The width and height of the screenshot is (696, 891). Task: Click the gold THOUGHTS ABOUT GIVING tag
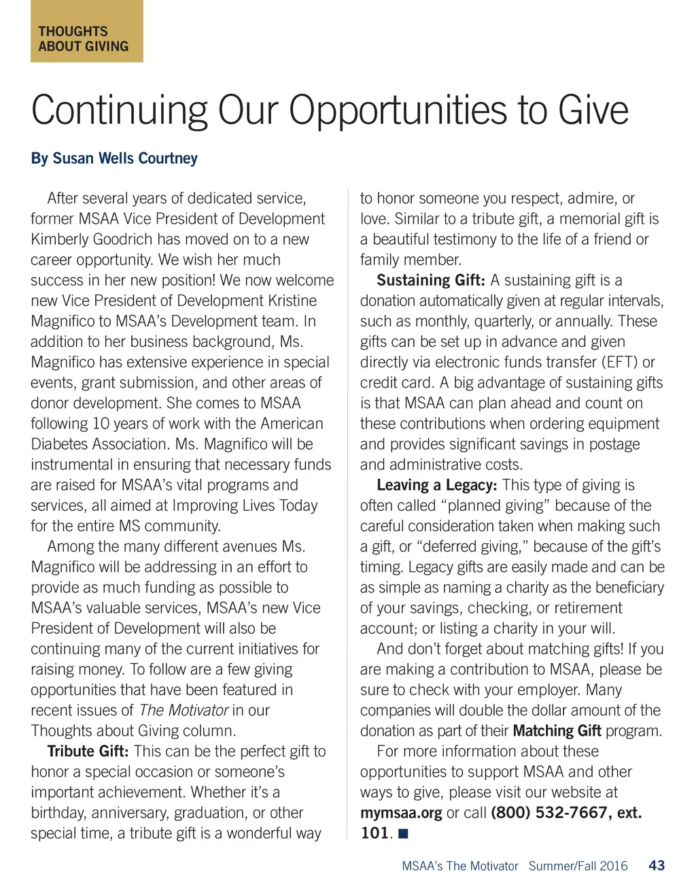(x=86, y=32)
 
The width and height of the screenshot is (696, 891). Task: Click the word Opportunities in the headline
(x=400, y=110)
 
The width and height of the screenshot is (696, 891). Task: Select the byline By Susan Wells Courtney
(x=114, y=158)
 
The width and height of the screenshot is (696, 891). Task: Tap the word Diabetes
(x=60, y=444)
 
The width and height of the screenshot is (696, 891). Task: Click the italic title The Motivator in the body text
(x=184, y=710)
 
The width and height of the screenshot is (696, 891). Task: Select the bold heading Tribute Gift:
(x=88, y=752)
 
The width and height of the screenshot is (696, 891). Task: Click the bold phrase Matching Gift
(x=557, y=731)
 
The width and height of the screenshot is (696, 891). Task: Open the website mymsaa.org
(x=401, y=813)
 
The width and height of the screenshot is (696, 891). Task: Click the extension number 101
(x=374, y=833)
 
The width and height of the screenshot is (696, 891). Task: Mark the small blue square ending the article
(x=403, y=834)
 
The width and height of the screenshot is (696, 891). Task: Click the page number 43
(x=657, y=866)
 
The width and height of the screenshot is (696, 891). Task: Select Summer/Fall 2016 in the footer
(x=578, y=866)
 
